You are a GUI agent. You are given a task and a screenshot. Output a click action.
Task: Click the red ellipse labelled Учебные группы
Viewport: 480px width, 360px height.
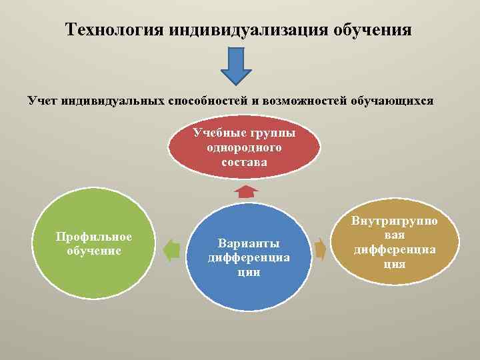coord(244,147)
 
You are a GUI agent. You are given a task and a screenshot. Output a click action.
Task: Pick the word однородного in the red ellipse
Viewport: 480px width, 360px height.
coord(244,147)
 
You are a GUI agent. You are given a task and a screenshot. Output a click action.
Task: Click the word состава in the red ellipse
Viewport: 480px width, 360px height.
coord(244,161)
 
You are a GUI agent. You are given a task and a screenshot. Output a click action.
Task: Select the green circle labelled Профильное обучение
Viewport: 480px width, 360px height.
coord(94,244)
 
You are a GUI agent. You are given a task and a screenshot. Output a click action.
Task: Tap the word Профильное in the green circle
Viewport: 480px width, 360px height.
coord(94,237)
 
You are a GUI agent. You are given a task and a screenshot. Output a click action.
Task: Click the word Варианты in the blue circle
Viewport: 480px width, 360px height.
coord(249,243)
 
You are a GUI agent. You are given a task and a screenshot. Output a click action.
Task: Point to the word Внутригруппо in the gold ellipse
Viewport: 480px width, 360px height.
coord(395,221)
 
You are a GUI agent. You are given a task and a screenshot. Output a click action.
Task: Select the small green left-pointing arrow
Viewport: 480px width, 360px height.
coord(172,249)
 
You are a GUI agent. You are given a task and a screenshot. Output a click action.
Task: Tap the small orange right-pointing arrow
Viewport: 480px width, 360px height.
coord(321,249)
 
